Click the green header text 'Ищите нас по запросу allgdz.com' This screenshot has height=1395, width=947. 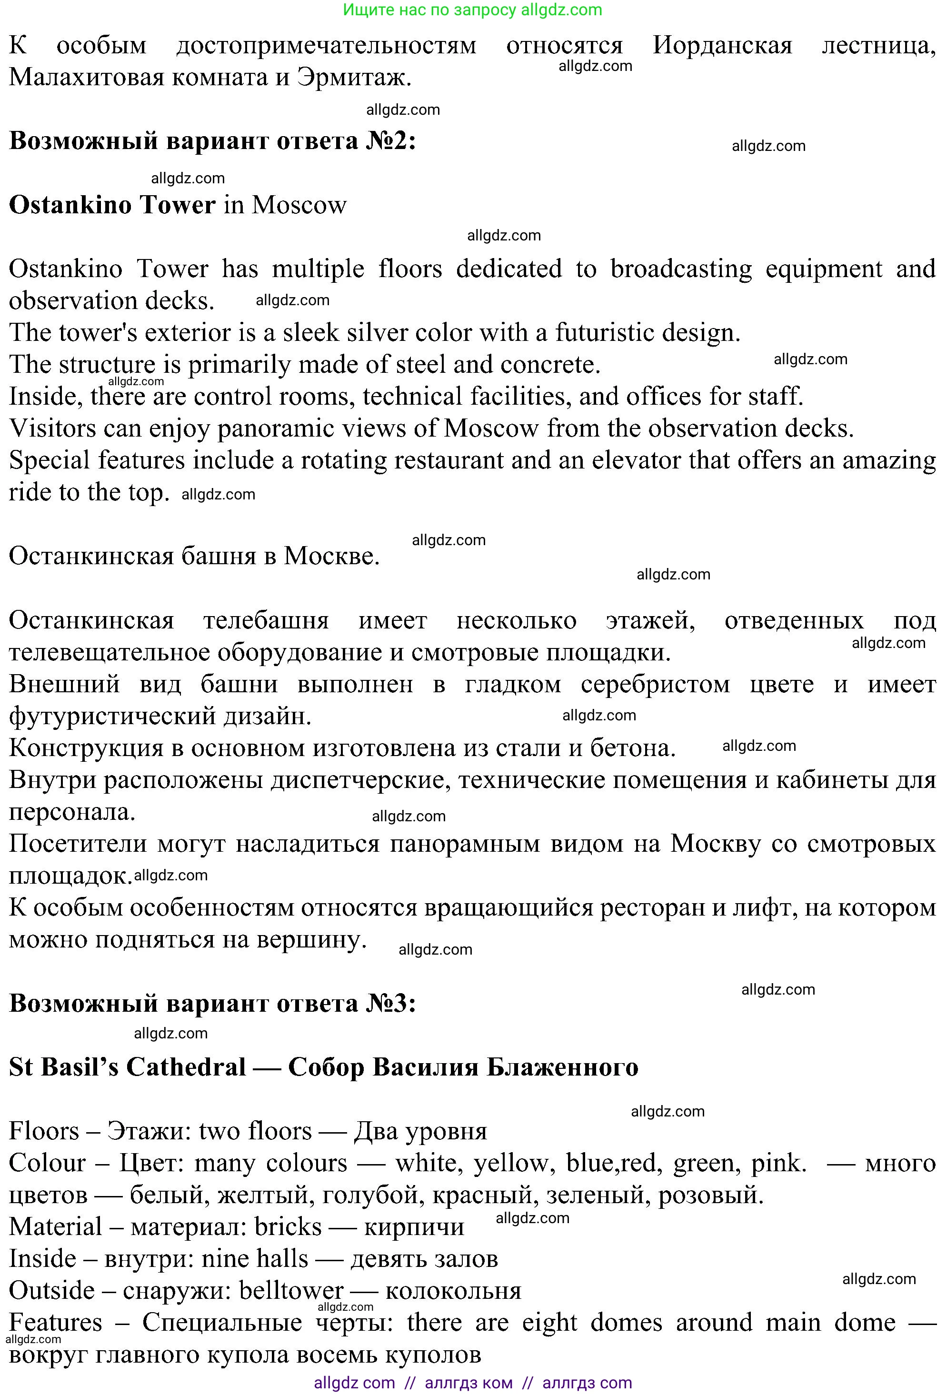[x=472, y=10]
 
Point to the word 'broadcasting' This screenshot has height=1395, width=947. [x=680, y=269]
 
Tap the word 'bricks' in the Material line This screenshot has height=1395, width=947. [x=288, y=1226]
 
